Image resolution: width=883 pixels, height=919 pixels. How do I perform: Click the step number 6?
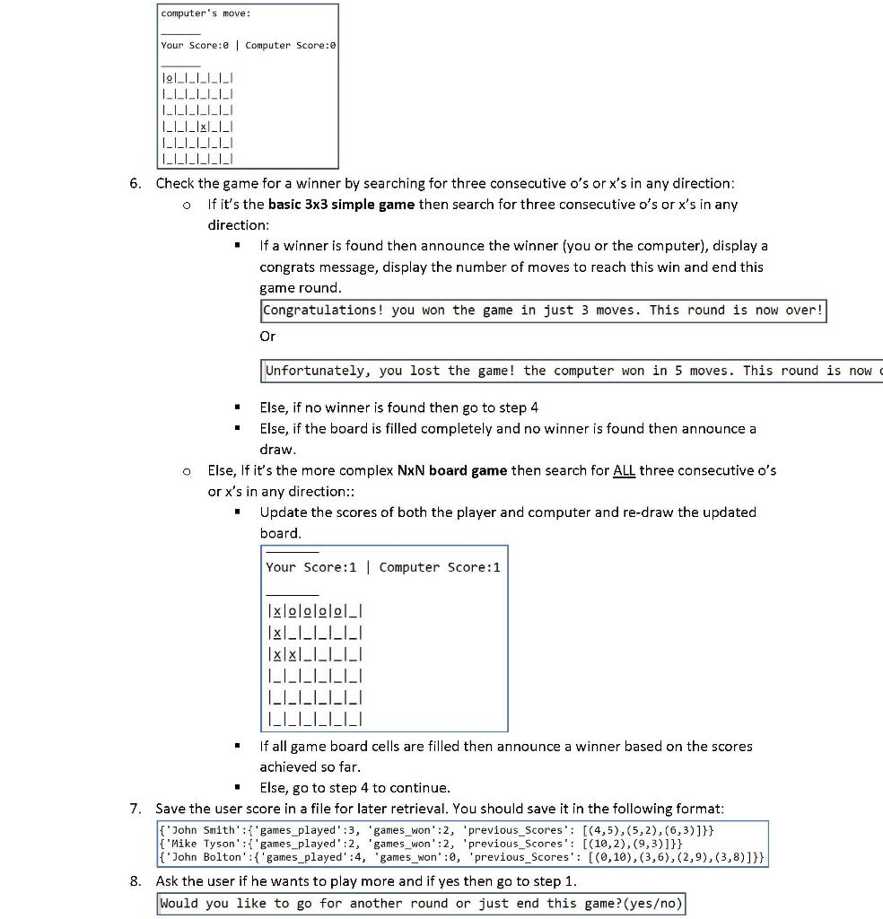point(135,183)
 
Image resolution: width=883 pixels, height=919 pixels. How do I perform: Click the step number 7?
point(135,809)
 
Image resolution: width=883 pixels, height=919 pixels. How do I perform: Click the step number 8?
point(135,881)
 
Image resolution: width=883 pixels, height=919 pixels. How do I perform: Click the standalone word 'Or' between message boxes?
point(267,336)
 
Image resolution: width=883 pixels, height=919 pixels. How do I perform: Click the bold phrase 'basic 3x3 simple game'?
point(341,205)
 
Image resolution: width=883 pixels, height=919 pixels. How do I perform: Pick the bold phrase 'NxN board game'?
point(452,470)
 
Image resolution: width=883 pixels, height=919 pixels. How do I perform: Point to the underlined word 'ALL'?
point(624,470)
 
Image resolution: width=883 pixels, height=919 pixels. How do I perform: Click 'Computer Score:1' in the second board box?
point(440,567)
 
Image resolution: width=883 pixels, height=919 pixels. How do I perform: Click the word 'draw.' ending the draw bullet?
point(277,450)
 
